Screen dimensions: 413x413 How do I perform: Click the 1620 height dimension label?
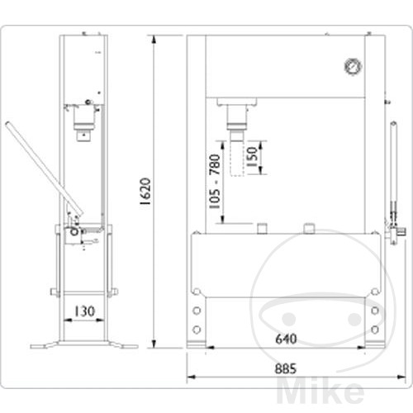(145, 192)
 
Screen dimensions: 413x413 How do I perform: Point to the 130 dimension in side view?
(83, 311)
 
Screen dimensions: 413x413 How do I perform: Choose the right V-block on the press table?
(310, 227)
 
